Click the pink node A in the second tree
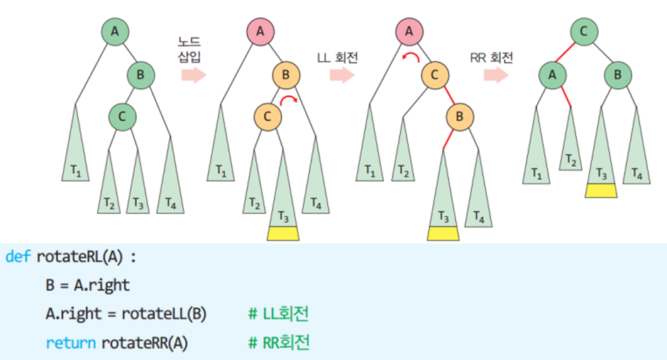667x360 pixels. click(x=260, y=31)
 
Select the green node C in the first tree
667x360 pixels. click(x=122, y=116)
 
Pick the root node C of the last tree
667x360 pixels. click(x=583, y=31)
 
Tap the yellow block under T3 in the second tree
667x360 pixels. click(x=283, y=234)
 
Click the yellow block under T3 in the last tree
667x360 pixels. click(x=601, y=190)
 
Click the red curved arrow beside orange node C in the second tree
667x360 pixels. click(x=288, y=102)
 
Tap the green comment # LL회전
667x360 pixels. click(x=279, y=313)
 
